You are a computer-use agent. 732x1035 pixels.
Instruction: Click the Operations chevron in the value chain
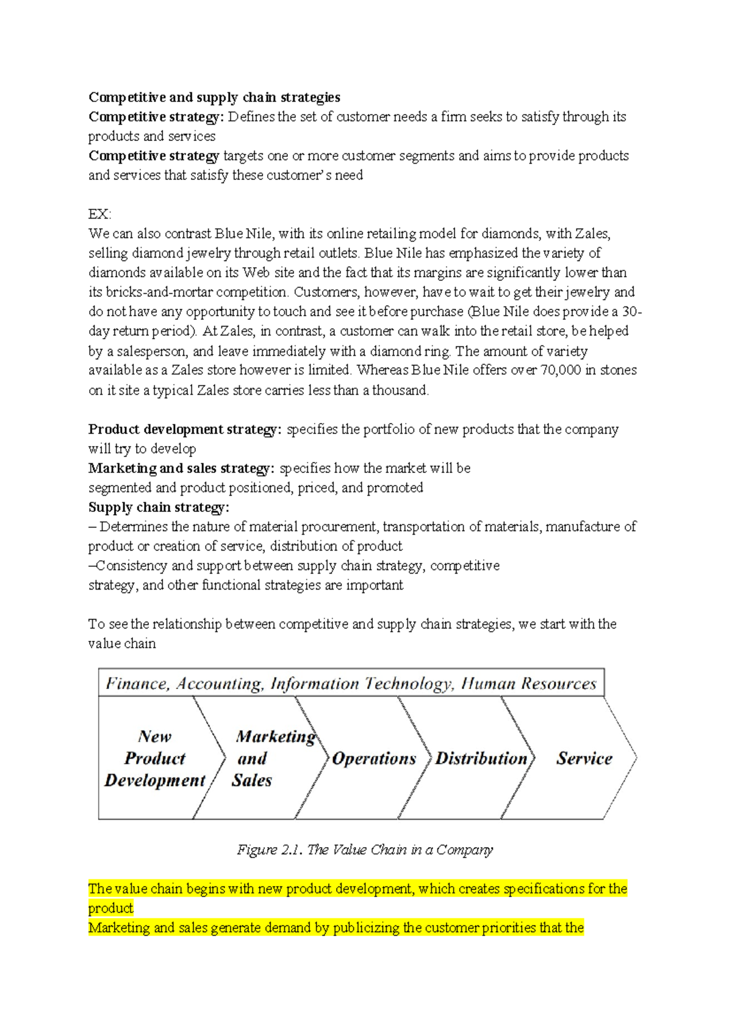coord(374,759)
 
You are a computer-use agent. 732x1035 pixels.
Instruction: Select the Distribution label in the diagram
coord(481,759)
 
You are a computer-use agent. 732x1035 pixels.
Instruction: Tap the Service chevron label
coord(584,759)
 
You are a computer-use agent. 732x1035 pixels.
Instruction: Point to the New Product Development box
coord(155,759)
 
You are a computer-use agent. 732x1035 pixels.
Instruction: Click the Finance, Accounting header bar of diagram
coord(351,683)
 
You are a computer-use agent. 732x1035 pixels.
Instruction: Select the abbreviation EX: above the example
coord(100,214)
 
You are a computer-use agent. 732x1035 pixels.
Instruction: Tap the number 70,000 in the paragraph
coord(561,370)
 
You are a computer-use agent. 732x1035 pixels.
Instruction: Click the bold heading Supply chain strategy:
coord(159,507)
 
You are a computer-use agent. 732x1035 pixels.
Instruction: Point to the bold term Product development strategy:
coord(185,429)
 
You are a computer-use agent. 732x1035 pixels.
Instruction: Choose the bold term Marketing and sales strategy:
coord(181,468)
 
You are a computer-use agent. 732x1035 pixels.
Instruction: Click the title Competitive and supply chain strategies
coord(214,97)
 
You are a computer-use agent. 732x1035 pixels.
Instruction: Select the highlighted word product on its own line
coord(110,908)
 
